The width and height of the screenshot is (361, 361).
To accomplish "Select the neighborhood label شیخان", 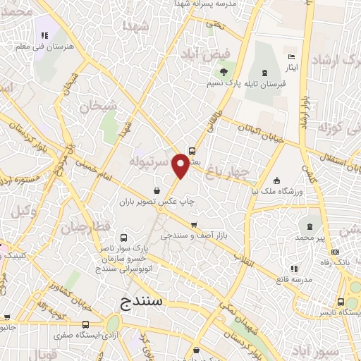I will [96, 107].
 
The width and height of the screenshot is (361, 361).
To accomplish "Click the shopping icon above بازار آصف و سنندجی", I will [192, 226].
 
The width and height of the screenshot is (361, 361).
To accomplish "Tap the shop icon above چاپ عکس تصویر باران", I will [158, 190].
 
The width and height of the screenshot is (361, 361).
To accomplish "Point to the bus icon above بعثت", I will [192, 149].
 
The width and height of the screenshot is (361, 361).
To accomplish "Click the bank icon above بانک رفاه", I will [335, 252].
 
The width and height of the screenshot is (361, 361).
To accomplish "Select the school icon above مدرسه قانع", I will [294, 269].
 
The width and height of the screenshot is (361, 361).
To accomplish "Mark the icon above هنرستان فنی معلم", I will [44, 35].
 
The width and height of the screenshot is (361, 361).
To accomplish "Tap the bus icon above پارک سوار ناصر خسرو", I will [124, 238].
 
